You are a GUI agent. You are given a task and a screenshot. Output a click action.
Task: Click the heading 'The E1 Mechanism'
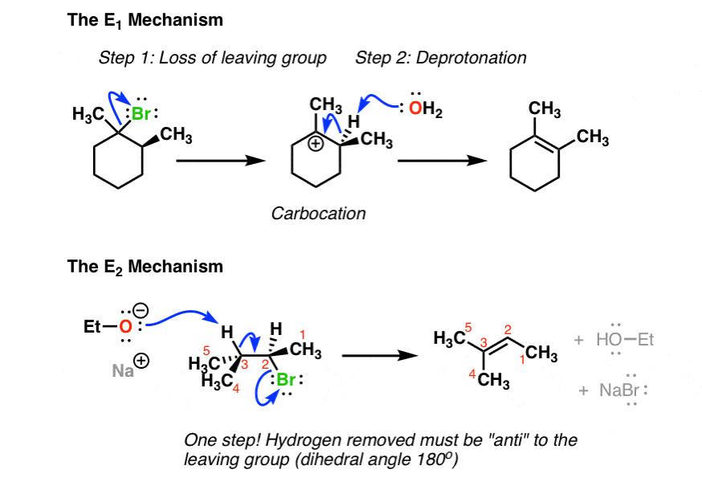tap(145, 21)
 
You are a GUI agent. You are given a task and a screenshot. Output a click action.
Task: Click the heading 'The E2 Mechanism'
tap(145, 265)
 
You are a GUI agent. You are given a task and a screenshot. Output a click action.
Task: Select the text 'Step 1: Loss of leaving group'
tap(213, 58)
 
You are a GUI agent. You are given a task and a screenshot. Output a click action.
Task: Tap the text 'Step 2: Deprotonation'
tap(441, 58)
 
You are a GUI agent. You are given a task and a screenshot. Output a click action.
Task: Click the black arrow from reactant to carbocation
tap(220, 161)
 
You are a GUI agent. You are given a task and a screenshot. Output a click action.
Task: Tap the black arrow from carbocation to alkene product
tap(443, 161)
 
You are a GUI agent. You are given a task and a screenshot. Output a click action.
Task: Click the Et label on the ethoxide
tap(93, 327)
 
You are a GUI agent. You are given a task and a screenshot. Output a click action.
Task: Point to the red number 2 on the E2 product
tap(508, 330)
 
